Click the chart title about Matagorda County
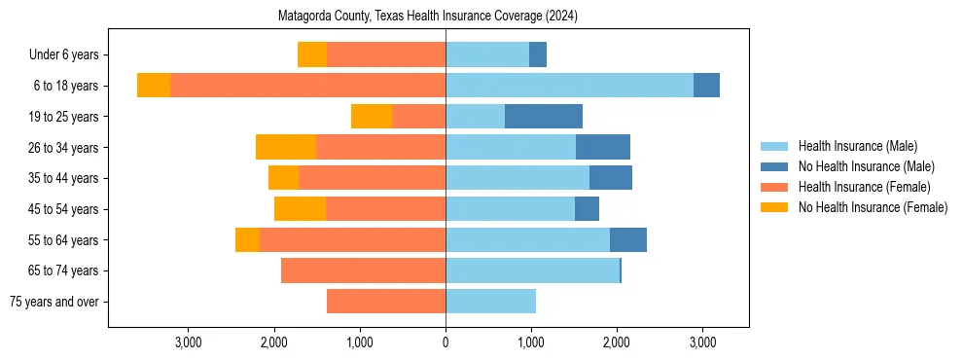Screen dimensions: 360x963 [x=428, y=17]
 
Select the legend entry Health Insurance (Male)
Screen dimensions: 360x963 [x=856, y=146]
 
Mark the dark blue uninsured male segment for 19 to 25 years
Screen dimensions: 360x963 [x=544, y=117]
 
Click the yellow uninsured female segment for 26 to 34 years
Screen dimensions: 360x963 [x=286, y=147]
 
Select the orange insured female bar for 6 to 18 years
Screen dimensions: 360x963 [x=307, y=86]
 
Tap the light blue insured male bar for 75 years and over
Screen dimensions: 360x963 [x=490, y=302]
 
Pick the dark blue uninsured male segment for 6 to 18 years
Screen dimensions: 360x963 [x=706, y=86]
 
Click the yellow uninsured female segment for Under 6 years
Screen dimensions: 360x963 [x=312, y=55]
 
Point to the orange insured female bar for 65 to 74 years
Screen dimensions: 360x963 [x=363, y=270]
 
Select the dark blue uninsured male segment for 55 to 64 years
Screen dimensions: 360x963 [x=628, y=239]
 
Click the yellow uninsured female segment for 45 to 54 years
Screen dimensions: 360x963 [x=300, y=209]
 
